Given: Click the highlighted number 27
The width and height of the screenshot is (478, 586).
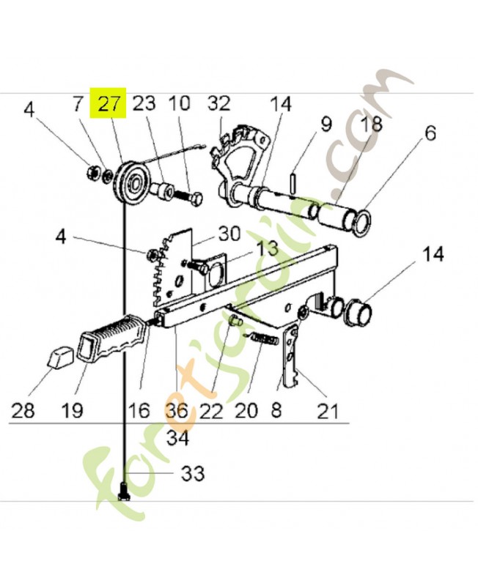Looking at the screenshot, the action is [x=108, y=103].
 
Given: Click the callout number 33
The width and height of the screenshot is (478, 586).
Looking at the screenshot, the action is [x=193, y=473].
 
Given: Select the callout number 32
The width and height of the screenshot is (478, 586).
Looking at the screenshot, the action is [x=218, y=103].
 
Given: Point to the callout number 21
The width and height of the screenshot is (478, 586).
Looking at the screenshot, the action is [x=327, y=411].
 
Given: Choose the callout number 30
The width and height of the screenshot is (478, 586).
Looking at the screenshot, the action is [x=229, y=234].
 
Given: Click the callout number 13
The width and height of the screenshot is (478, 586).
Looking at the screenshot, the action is [x=267, y=248].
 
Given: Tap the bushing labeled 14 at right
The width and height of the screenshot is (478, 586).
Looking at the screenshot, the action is [x=358, y=310].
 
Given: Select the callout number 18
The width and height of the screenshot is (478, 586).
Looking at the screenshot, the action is [x=371, y=125].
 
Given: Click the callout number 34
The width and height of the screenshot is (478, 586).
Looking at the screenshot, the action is [x=177, y=437].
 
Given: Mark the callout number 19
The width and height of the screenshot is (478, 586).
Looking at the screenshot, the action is [x=72, y=411].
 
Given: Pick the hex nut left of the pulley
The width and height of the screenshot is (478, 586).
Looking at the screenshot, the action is [x=92, y=172].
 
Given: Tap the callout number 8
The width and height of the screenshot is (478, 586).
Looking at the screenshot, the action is [x=276, y=410].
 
